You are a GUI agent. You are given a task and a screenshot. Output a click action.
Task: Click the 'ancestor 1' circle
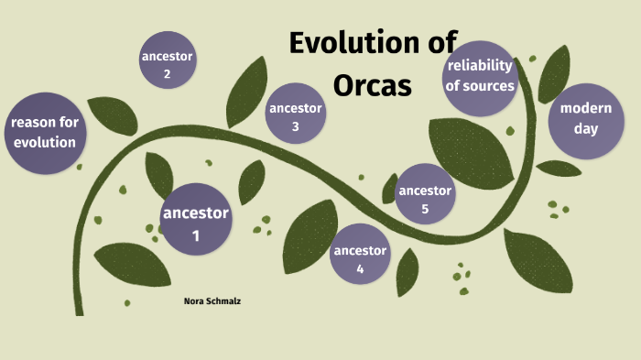(x=195, y=220)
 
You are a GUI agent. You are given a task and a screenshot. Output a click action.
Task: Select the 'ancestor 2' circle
(x=168, y=61)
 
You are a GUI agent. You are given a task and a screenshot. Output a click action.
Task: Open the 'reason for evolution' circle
(x=43, y=132)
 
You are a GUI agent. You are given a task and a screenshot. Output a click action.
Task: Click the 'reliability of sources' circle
(x=481, y=77)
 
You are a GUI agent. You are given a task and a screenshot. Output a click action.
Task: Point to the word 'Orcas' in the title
(x=373, y=84)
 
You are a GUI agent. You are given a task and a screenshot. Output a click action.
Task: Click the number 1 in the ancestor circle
(x=195, y=235)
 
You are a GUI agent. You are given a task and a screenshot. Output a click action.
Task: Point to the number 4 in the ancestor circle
(x=360, y=268)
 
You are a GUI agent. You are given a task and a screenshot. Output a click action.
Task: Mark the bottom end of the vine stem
(x=80, y=310)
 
